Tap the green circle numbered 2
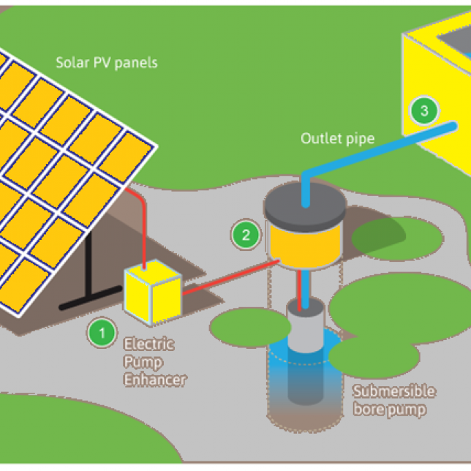point(246,235)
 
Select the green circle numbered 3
point(424,111)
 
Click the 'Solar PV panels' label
point(107,62)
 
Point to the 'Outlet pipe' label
point(338,138)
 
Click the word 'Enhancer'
point(155,380)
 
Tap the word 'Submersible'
point(393,391)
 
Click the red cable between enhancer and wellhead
point(227,276)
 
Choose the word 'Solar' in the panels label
point(71,62)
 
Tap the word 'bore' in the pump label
point(371,409)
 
